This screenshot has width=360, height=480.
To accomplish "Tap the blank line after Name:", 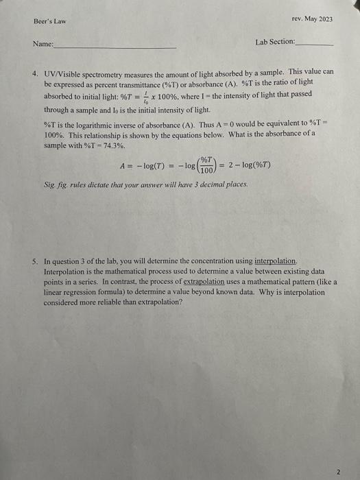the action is tap(115, 47).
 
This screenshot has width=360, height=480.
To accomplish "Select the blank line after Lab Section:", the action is tap(315, 44).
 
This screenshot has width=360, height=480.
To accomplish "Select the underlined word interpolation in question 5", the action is tap(276, 261).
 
